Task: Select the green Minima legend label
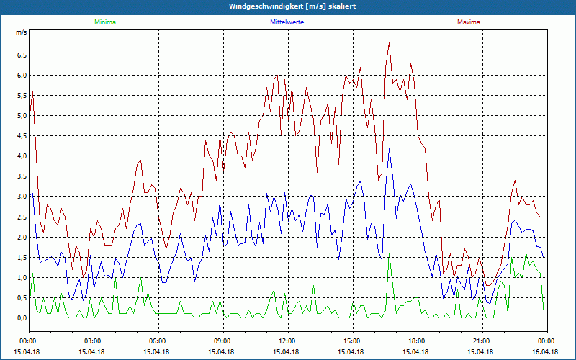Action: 104,22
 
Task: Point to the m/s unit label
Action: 21,33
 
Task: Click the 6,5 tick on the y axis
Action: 21,55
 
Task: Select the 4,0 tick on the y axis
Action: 21,156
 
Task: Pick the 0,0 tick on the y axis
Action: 21,318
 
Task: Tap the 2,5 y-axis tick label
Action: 21,217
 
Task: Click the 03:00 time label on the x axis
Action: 93,341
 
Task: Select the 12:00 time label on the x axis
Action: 287,341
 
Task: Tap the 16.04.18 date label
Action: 545,351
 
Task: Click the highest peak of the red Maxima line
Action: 389,43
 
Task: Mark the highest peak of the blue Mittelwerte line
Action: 390,149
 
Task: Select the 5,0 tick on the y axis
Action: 21,115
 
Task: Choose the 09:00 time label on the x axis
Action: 222,341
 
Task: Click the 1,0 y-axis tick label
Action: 21,277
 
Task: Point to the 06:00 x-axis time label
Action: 158,341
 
